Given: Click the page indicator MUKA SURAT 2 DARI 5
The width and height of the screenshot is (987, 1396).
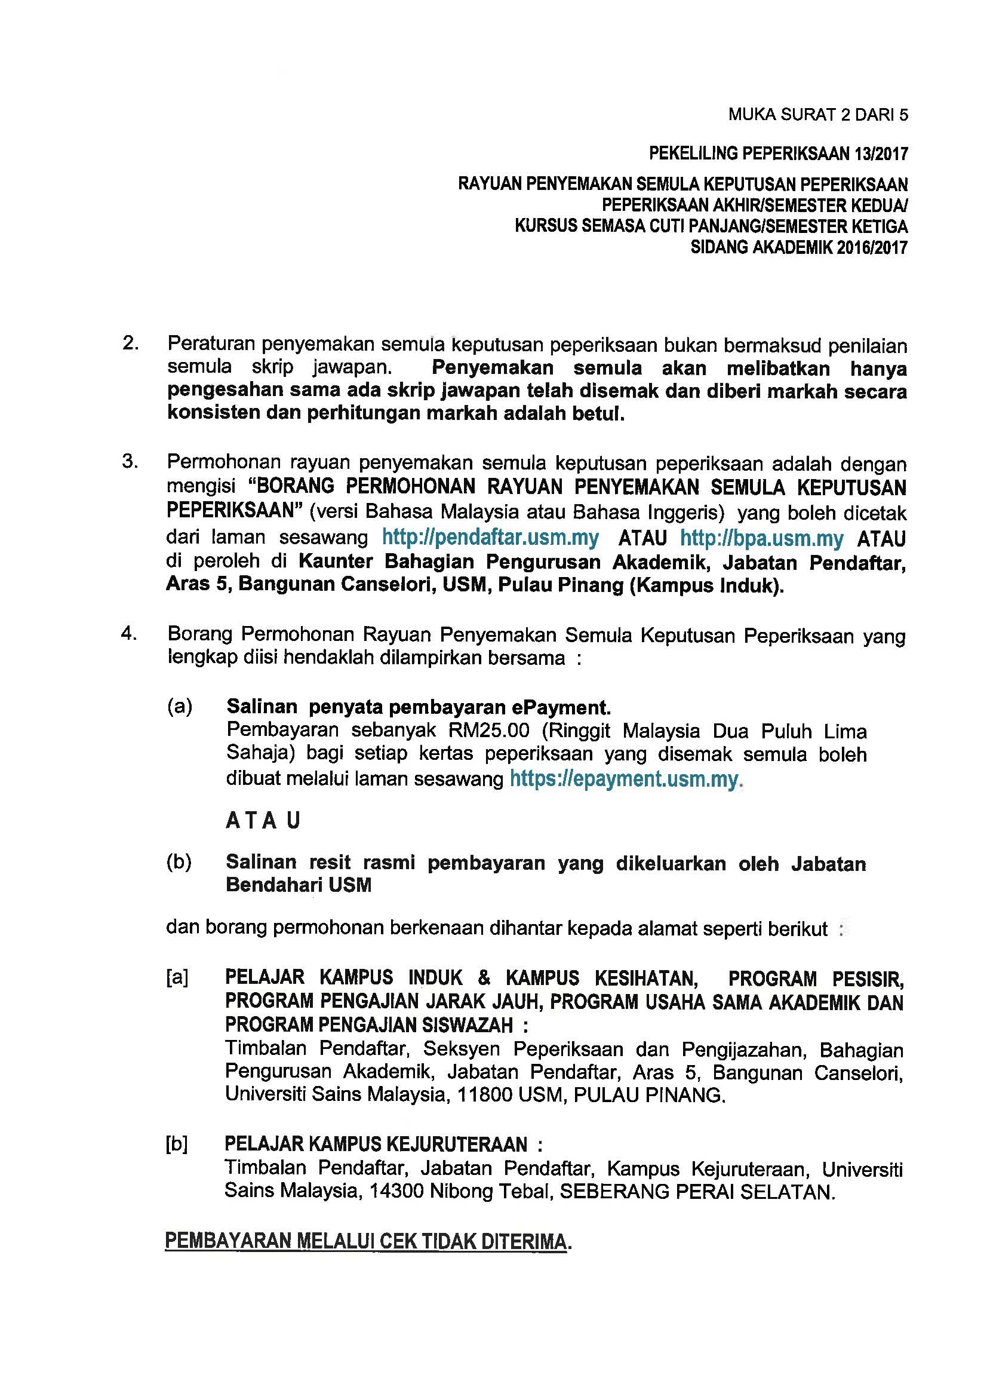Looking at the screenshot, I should [818, 115].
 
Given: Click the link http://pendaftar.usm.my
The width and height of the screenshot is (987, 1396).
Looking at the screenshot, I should [490, 538].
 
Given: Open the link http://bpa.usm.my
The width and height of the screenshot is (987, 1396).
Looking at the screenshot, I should [761, 539].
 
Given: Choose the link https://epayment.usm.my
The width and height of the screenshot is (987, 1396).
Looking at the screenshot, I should [624, 779].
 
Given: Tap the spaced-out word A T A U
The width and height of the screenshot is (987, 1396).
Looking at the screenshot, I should [263, 821].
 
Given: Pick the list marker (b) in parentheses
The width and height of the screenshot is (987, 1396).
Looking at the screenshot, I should [179, 862].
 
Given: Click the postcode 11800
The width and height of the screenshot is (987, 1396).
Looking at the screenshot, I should [483, 1095].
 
